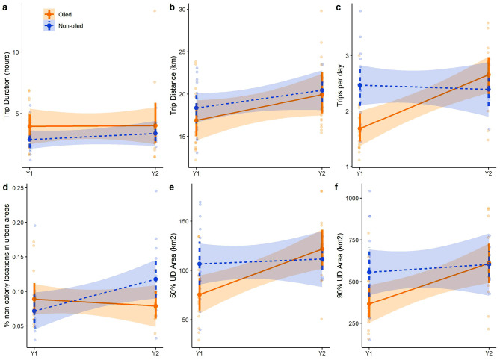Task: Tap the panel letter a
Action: pos(4,7)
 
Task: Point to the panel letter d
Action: pos(4,187)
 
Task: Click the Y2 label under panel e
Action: pos(321,351)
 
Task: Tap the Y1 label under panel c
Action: pos(359,173)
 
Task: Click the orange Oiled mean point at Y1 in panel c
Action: pos(359,128)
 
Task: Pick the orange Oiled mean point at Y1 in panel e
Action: pos(194,294)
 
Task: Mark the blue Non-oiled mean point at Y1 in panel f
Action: pos(359,272)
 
